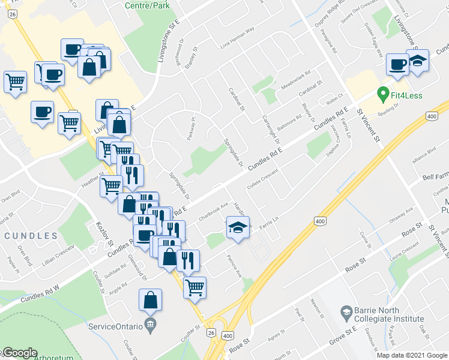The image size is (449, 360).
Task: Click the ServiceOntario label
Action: click(x=115, y=326)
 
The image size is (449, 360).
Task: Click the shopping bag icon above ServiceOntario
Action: click(x=150, y=300)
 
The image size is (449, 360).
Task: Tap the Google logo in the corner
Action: click(x=20, y=353)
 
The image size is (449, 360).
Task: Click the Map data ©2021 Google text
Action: click(x=411, y=355)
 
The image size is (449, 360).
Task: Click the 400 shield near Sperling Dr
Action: click(x=431, y=115)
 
